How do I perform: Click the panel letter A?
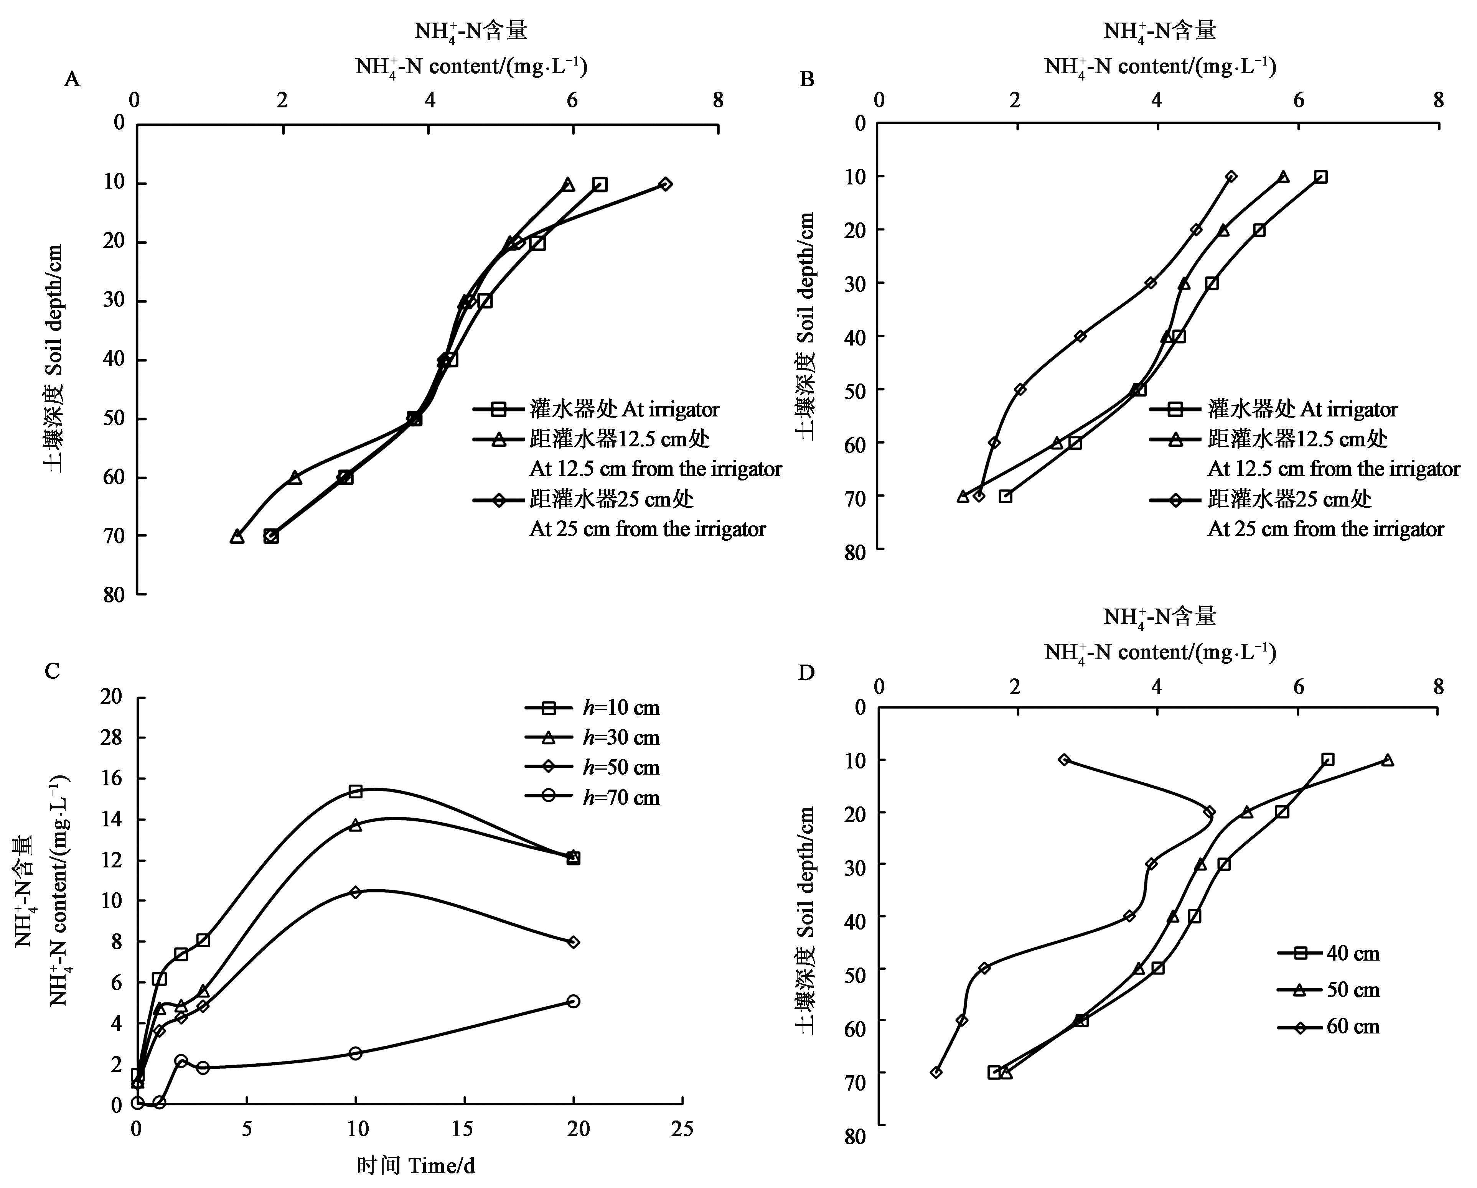click(72, 80)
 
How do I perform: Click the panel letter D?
click(806, 673)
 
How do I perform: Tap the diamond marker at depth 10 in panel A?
click(665, 184)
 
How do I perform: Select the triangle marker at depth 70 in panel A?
click(237, 536)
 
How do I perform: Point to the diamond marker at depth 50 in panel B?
click(1020, 389)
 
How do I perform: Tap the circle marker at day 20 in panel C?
click(574, 1001)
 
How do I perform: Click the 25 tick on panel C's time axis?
click(682, 1129)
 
